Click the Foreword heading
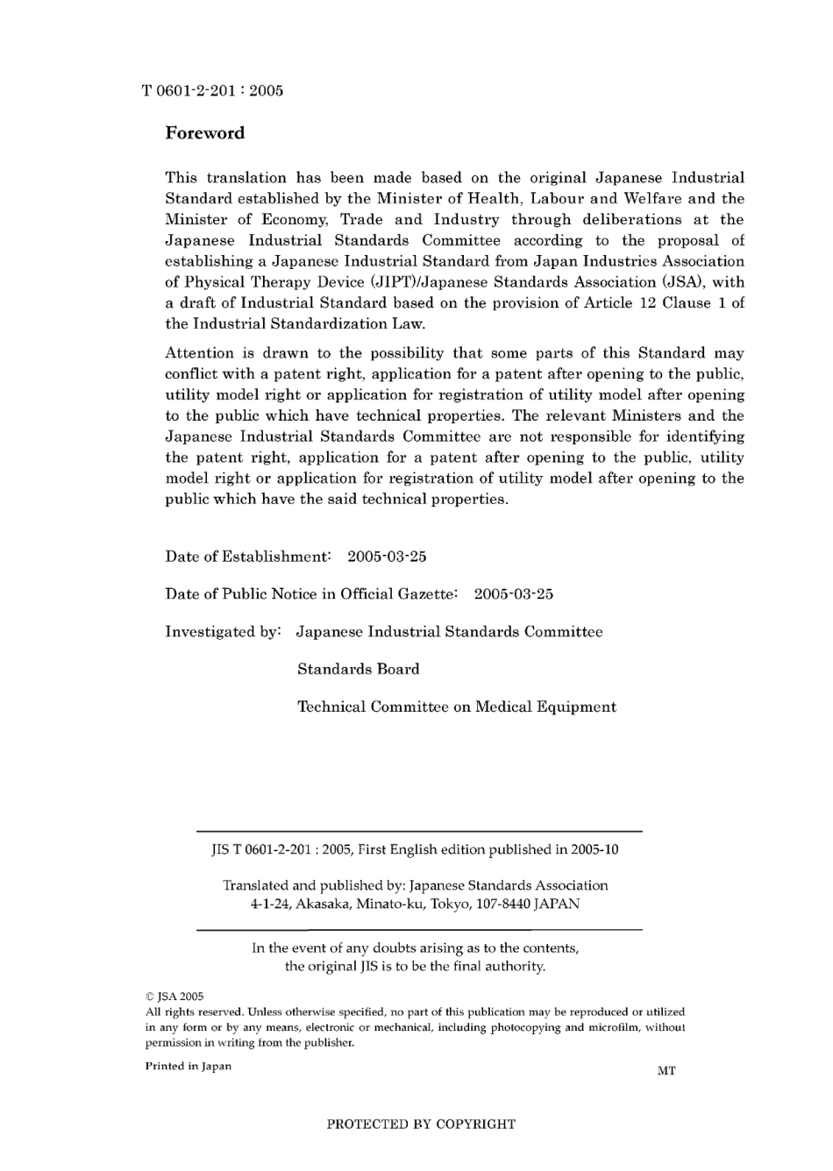(x=204, y=133)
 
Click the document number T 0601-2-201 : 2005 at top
(x=211, y=90)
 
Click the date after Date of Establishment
(x=387, y=557)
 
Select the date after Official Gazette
(x=513, y=594)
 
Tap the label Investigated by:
(x=223, y=632)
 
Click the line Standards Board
(x=358, y=670)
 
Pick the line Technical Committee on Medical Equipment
(x=456, y=707)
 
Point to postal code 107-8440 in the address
(x=502, y=904)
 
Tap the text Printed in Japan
(x=188, y=1067)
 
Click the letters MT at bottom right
(x=666, y=1070)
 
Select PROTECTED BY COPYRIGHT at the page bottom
(x=421, y=1125)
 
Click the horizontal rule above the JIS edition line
(x=419, y=831)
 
